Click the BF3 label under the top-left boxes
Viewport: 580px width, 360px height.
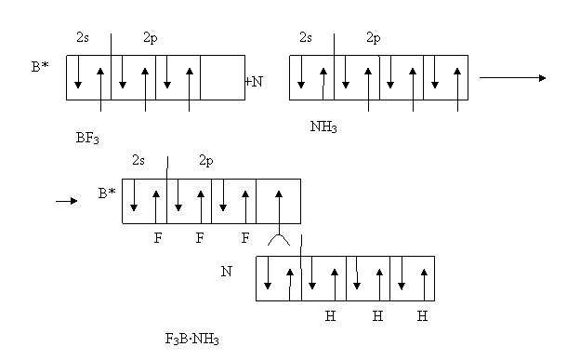(87, 139)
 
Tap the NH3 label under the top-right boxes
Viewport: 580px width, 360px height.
(323, 127)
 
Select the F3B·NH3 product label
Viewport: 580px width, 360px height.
(192, 339)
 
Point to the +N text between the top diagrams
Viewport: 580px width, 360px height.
(254, 82)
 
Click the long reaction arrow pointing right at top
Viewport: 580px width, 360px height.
(513, 78)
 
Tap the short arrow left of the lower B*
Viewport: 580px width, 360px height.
(67, 201)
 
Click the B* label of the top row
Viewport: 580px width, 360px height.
(40, 67)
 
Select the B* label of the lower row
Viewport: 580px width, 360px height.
(107, 193)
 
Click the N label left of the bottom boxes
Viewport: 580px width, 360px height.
(227, 272)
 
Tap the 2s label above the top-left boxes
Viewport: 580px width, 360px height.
(83, 37)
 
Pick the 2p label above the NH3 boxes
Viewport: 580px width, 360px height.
(374, 38)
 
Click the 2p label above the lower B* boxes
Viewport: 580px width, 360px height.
(206, 161)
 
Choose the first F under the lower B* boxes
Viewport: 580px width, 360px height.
(158, 238)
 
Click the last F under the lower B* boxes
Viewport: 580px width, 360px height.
(244, 238)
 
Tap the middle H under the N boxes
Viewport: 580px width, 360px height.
(377, 316)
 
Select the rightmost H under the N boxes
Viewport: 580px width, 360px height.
(422, 316)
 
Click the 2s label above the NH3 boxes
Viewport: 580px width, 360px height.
(306, 37)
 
